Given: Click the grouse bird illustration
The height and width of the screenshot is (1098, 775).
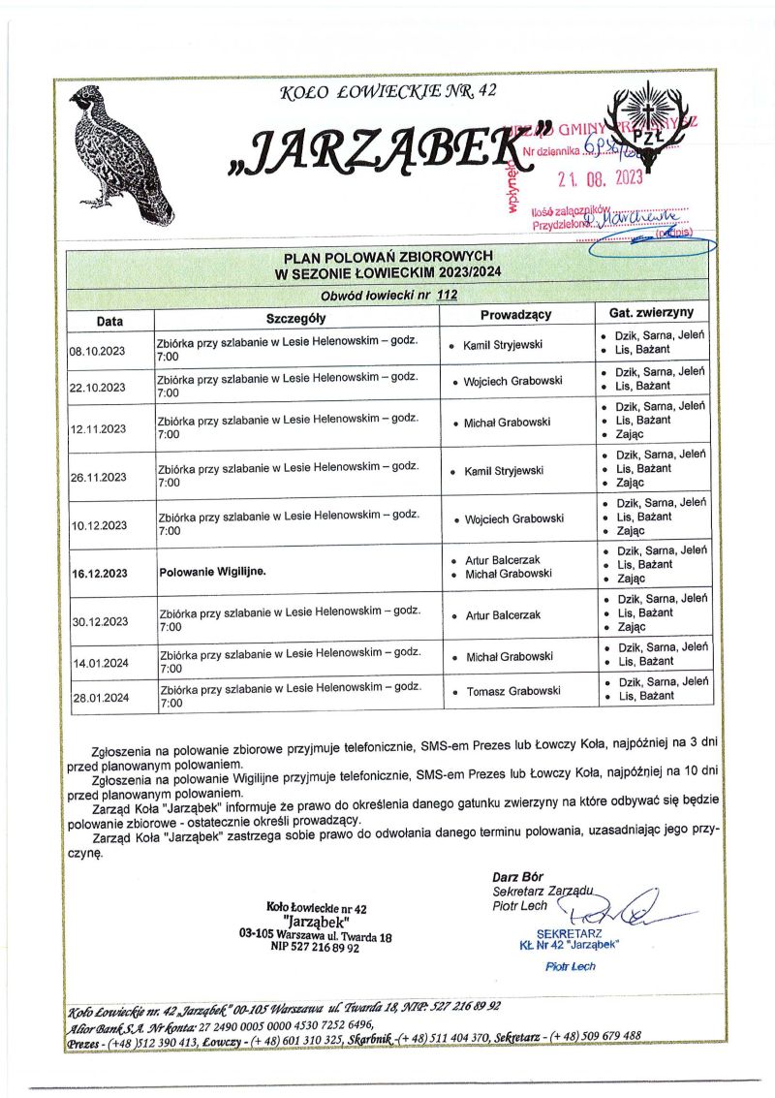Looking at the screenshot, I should tap(120, 152).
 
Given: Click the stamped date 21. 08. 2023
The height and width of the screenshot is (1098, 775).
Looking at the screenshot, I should tap(600, 177).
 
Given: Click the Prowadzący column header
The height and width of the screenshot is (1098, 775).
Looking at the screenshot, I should tap(515, 315).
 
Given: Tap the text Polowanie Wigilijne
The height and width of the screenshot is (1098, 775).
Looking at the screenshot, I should tap(212, 572).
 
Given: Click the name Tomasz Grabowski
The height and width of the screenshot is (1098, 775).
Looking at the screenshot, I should tap(512, 691).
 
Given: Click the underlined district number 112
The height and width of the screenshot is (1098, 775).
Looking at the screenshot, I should tap(447, 295).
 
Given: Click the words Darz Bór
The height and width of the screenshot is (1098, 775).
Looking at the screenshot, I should tap(517, 877).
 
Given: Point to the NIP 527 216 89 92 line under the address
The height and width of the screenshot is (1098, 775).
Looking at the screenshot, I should tap(315, 949).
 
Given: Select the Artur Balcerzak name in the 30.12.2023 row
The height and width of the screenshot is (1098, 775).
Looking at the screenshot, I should tap(503, 615).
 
